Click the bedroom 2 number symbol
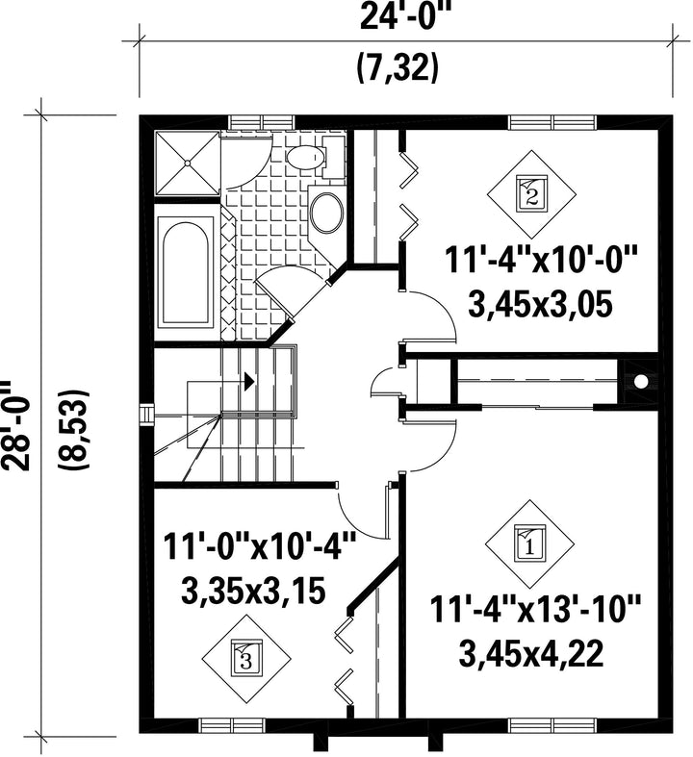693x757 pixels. tap(531, 194)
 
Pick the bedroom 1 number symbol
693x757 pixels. tap(529, 544)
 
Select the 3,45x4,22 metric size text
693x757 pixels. tap(531, 653)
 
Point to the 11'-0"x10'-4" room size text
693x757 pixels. tap(259, 545)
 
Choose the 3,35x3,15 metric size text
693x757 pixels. tap(253, 592)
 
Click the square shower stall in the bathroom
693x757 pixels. tap(187, 164)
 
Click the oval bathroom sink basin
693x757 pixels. tap(327, 213)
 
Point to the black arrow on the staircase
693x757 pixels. tap(249, 382)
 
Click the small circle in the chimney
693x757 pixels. tap(640, 382)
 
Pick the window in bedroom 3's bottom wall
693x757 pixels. tap(232, 725)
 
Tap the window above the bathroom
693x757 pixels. tap(261, 122)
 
